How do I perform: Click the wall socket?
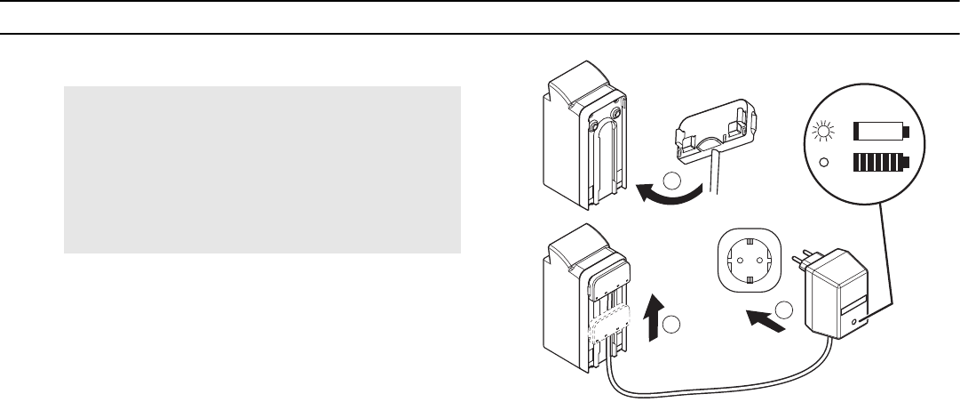coord(748,264)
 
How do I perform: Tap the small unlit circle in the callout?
coord(825,163)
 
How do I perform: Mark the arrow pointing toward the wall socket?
coord(766,321)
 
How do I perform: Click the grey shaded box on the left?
coord(262,169)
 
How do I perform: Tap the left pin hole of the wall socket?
coord(733,264)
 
